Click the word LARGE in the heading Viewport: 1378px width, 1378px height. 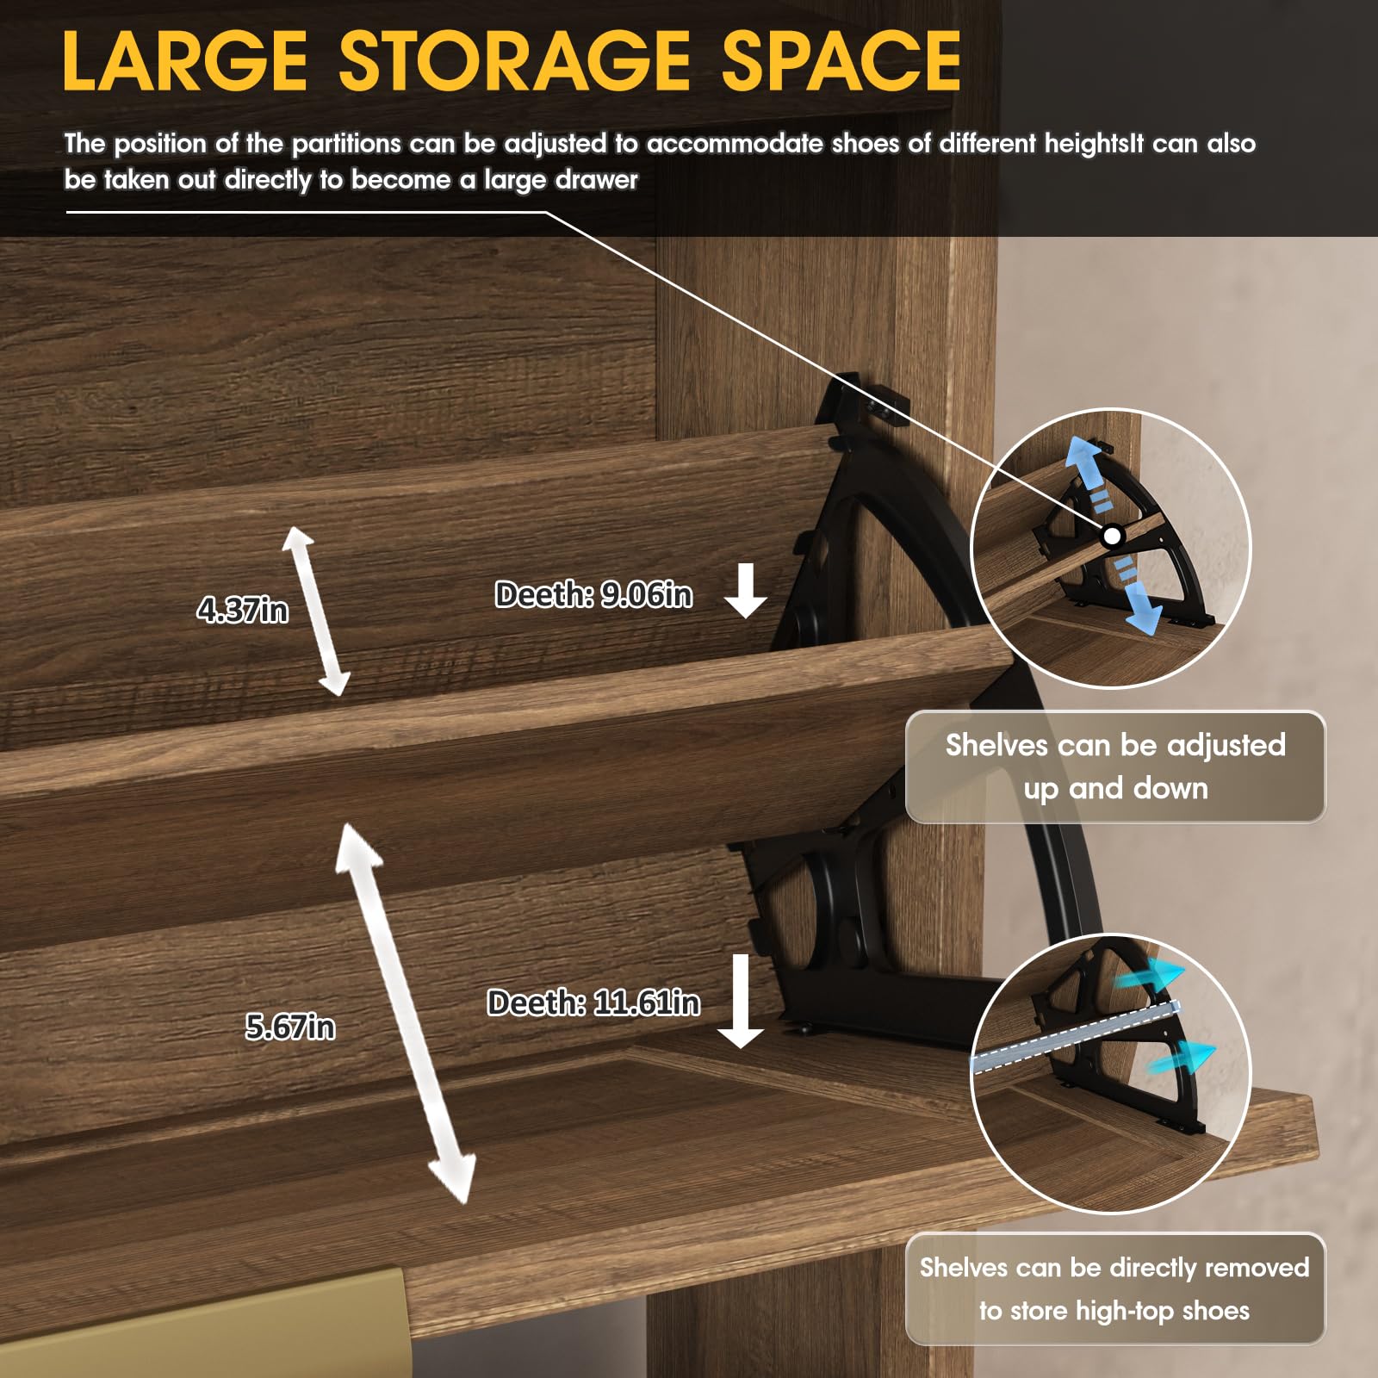185,60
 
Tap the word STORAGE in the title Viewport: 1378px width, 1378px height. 514,60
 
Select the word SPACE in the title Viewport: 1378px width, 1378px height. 841,60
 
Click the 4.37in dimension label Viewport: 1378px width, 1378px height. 242,610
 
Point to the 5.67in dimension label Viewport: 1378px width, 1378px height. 290,1027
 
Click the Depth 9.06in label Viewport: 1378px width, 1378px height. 593,594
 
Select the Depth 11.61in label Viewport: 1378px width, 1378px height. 593,1002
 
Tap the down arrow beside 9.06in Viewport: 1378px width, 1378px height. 746,591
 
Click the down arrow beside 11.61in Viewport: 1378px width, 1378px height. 741,1001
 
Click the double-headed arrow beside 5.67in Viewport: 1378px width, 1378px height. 404,1014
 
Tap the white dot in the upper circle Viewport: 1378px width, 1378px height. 1113,536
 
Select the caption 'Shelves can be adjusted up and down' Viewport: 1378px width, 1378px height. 1115,767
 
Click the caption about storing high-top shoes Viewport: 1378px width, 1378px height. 1114,1289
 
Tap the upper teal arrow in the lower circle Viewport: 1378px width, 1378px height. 1152,977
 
